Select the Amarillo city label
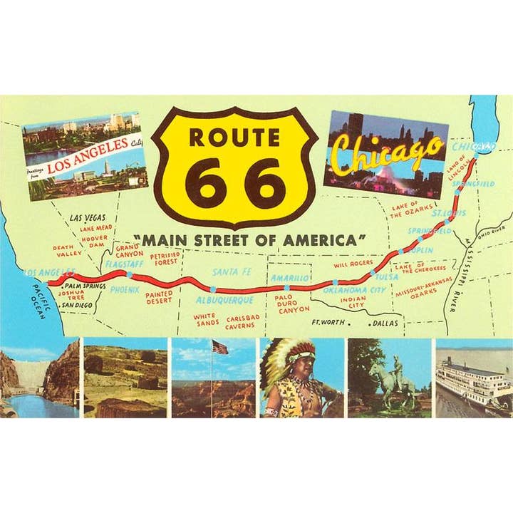290,278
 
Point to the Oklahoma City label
354,291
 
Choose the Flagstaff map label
125,264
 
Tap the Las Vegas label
87,217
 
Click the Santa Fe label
231,271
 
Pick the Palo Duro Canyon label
292,303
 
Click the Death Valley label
68,250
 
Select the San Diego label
77,305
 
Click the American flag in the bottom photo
220,347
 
